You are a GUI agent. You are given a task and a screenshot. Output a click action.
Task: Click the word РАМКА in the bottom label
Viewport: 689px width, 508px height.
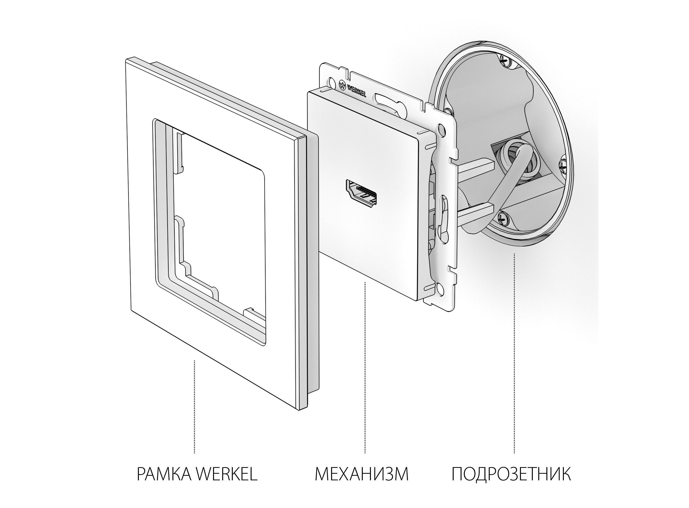(x=165, y=483)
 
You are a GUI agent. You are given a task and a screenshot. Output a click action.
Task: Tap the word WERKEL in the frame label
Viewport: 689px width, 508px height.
(x=227, y=483)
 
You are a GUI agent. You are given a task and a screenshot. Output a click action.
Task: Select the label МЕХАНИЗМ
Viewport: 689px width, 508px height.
(x=362, y=483)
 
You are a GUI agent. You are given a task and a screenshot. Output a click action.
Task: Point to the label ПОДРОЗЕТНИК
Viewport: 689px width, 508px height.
(x=511, y=483)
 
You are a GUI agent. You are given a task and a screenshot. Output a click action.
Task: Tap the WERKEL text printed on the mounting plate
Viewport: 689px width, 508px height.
(x=357, y=90)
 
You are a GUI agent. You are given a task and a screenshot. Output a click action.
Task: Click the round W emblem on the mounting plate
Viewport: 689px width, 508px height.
(x=342, y=84)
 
